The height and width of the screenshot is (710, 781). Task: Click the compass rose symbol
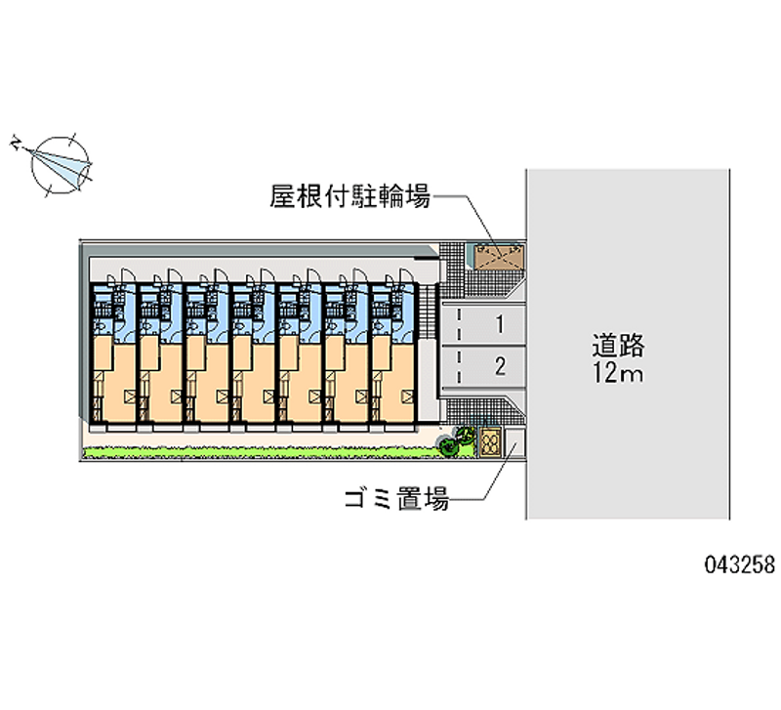(x=61, y=162)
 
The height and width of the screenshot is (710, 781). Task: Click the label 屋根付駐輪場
(x=349, y=196)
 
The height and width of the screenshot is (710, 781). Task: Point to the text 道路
(x=617, y=346)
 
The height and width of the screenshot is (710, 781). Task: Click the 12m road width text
(x=617, y=373)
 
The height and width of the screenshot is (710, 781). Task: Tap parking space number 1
(x=499, y=323)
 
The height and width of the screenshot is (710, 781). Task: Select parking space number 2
(x=499, y=367)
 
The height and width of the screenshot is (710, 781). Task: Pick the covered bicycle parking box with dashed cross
(x=498, y=255)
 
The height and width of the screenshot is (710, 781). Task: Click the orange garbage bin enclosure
(x=489, y=441)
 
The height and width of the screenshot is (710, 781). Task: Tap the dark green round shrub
(x=449, y=447)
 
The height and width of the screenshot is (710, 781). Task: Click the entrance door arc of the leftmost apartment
(x=123, y=275)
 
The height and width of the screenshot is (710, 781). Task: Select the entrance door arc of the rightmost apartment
(x=404, y=275)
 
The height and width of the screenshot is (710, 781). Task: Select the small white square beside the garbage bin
(x=514, y=444)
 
